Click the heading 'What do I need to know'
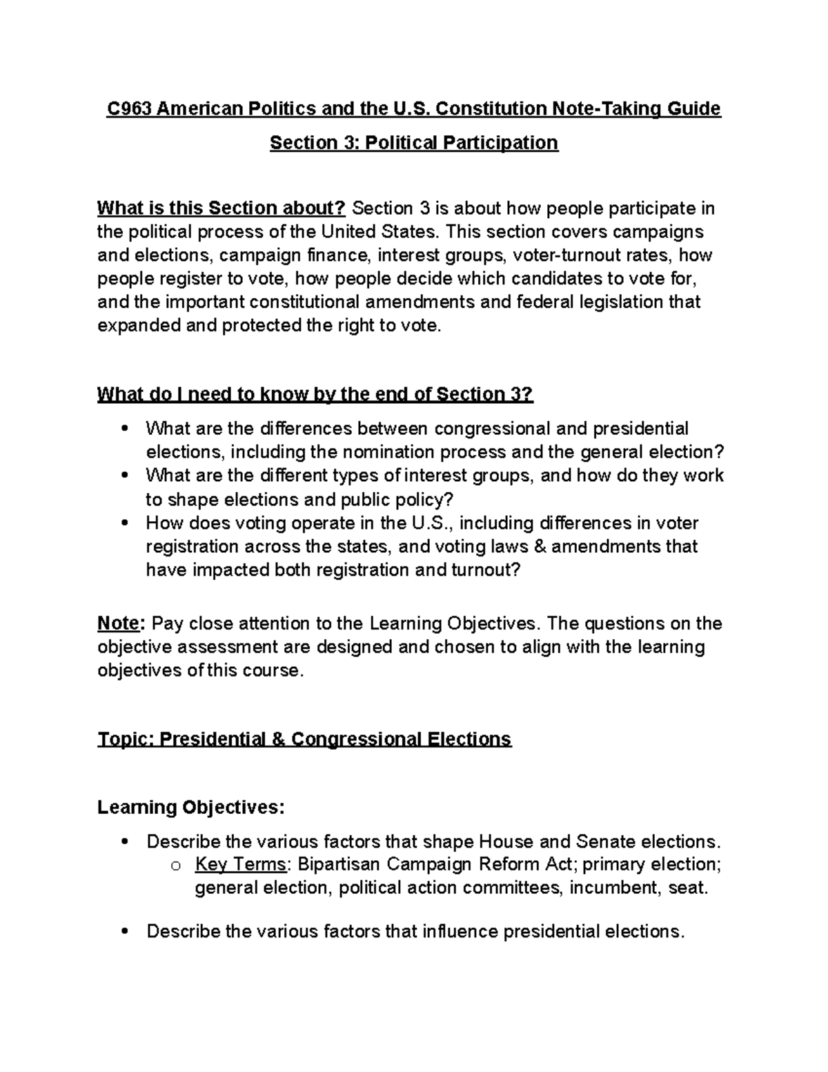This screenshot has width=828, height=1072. tap(315, 394)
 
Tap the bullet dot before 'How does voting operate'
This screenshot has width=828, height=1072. tap(124, 523)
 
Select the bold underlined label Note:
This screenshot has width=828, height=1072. tap(121, 623)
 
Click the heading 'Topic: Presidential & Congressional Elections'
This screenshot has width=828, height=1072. tap(304, 739)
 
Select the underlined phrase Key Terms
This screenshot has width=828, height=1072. tap(240, 864)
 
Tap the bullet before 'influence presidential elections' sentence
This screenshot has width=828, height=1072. tap(124, 932)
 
